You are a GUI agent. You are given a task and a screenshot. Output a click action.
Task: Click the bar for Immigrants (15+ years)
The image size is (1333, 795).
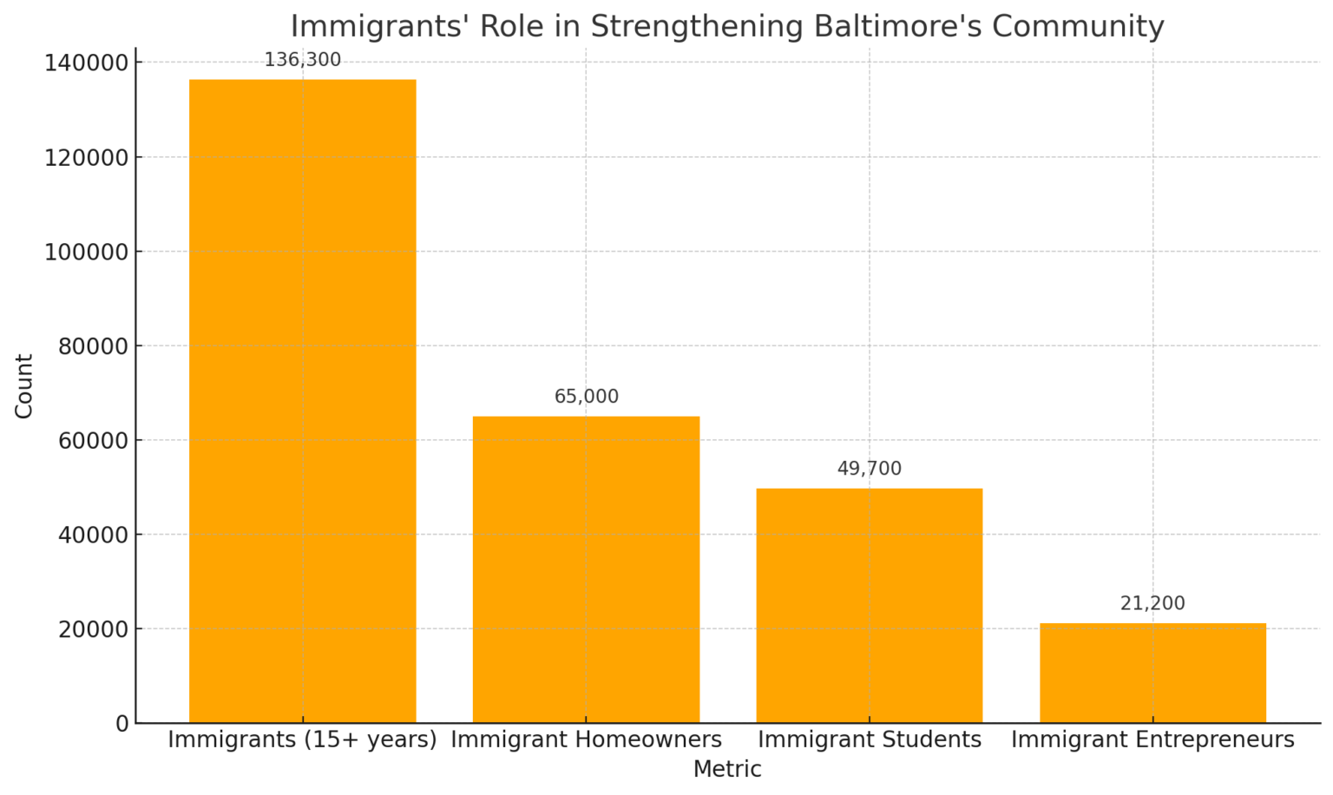302,401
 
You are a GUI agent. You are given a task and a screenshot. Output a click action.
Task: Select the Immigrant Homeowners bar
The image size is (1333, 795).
586,569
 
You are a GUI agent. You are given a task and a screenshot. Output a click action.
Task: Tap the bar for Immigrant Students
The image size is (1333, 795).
869,605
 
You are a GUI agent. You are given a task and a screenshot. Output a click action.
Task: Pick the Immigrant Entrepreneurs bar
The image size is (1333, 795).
1152,673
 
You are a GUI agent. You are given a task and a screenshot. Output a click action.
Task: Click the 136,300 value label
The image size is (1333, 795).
302,61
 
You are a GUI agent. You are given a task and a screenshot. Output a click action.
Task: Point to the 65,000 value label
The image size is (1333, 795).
587,397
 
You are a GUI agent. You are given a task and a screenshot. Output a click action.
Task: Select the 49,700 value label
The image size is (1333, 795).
869,469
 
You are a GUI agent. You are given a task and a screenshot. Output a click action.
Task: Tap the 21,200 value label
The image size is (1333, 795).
1152,603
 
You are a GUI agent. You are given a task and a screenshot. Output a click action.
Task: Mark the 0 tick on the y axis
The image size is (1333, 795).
121,723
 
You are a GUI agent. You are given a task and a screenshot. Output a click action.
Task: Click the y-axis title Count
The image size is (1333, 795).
24,386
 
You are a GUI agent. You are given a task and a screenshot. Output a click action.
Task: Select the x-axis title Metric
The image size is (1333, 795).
727,769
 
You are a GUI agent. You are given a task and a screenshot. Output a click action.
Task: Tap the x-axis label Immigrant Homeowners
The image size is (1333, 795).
586,739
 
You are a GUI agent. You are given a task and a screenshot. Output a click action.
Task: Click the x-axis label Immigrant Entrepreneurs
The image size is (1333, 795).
1152,739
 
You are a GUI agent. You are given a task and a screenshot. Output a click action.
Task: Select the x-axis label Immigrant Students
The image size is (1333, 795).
869,739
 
